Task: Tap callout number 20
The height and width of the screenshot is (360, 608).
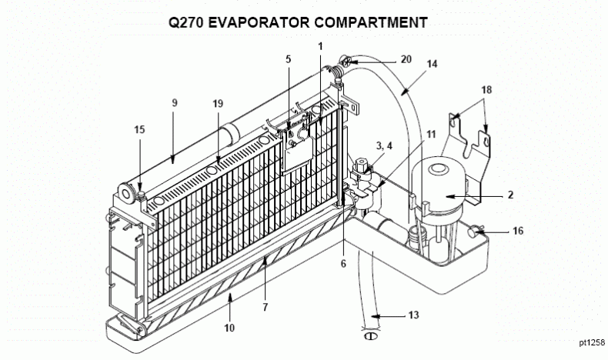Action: [406, 59]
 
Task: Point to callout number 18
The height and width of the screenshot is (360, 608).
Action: [485, 90]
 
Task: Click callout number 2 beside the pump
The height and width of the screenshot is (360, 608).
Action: [509, 196]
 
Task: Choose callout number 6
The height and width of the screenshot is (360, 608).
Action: [344, 264]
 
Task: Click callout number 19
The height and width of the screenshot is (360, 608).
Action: [219, 103]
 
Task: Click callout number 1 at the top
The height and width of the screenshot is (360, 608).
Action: [320, 45]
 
